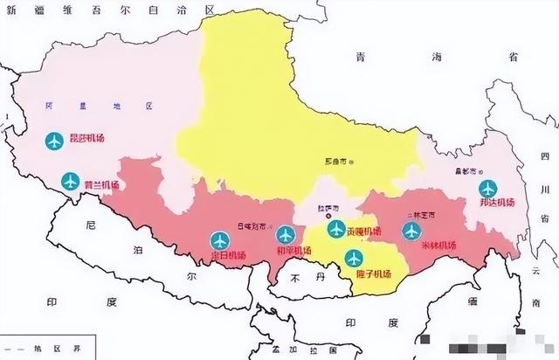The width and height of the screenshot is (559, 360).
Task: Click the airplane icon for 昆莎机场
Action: (x=52, y=140)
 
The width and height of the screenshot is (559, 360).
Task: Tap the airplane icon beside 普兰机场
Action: (x=70, y=182)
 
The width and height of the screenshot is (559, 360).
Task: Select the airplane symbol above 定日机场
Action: (x=219, y=239)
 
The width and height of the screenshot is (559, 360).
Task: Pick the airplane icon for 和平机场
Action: (x=286, y=234)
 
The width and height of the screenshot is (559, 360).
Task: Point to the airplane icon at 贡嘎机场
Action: (x=336, y=229)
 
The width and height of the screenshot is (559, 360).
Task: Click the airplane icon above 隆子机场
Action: (x=354, y=257)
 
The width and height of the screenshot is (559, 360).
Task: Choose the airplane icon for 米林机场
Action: (x=411, y=231)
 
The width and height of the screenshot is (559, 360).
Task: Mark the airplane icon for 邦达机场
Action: (x=487, y=188)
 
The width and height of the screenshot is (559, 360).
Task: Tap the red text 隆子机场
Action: (x=373, y=274)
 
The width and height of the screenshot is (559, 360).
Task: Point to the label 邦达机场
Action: (x=497, y=204)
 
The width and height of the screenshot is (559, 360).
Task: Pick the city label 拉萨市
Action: (x=328, y=211)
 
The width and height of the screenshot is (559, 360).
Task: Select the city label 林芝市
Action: (x=423, y=215)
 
